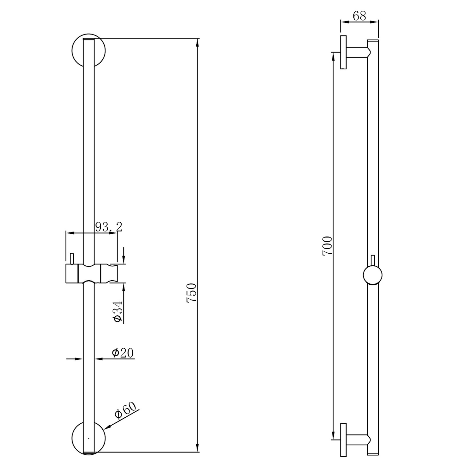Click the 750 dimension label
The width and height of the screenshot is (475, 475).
(192, 293)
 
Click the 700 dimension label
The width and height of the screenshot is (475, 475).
(327, 246)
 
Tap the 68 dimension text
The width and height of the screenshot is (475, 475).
(359, 16)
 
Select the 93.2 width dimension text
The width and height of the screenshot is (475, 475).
(109, 227)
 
